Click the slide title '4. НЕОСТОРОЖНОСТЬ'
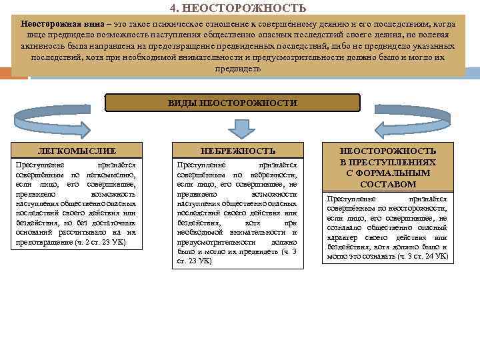tap(238, 8)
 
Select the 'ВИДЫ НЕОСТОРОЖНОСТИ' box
tap(233, 103)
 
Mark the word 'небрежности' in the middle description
tap(275, 173)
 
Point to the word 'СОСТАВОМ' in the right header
tap(387, 184)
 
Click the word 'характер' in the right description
tap(341, 237)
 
